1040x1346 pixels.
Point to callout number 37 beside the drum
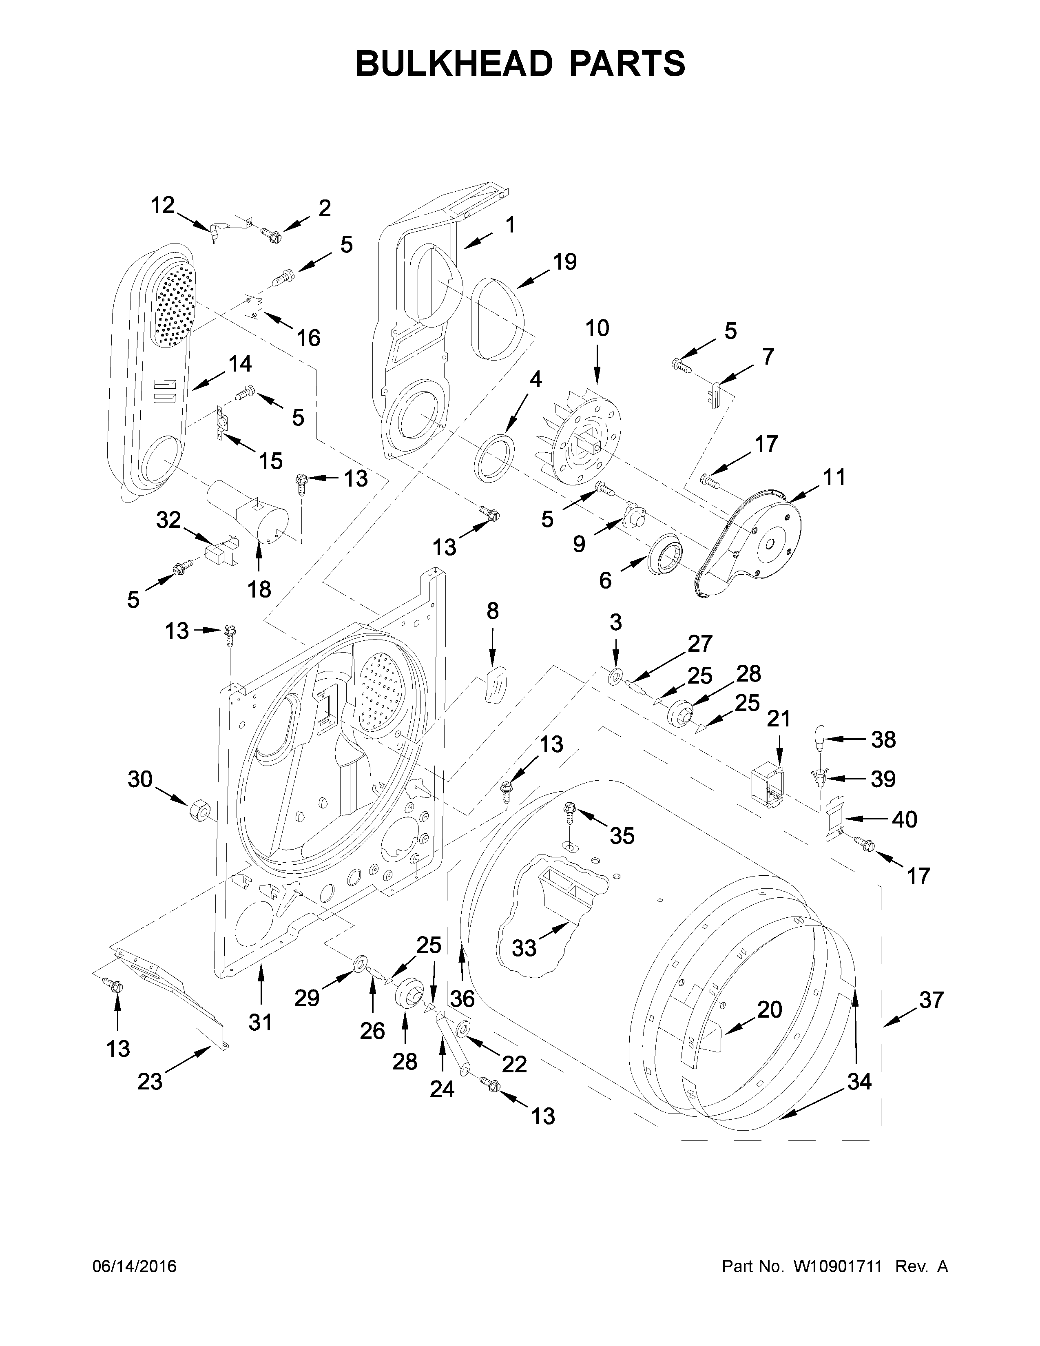931,1000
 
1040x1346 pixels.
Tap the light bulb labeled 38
819,738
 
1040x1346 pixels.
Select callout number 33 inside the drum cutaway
524,948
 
